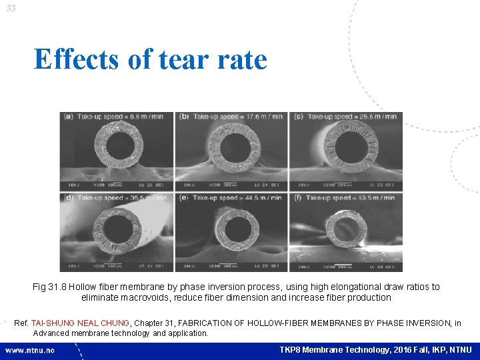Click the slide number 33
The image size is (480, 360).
click(x=11, y=8)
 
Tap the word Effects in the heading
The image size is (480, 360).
click(x=79, y=59)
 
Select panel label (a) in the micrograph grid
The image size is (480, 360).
click(x=69, y=117)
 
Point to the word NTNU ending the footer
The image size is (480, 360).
click(x=460, y=350)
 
